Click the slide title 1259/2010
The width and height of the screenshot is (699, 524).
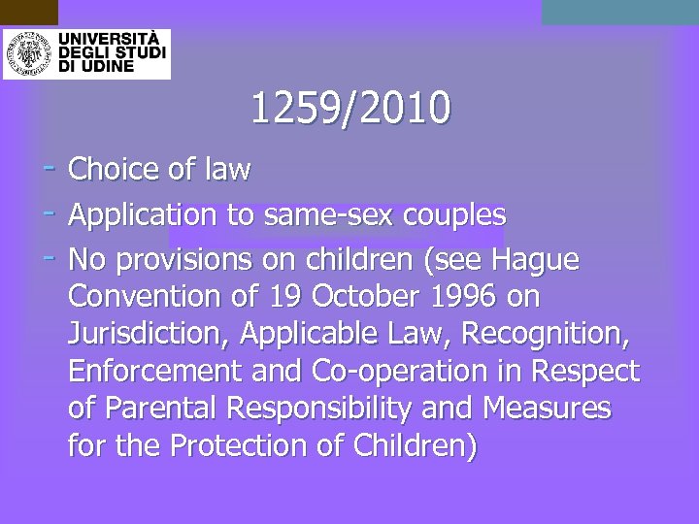(x=350, y=108)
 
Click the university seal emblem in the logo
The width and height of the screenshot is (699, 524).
(x=28, y=52)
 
